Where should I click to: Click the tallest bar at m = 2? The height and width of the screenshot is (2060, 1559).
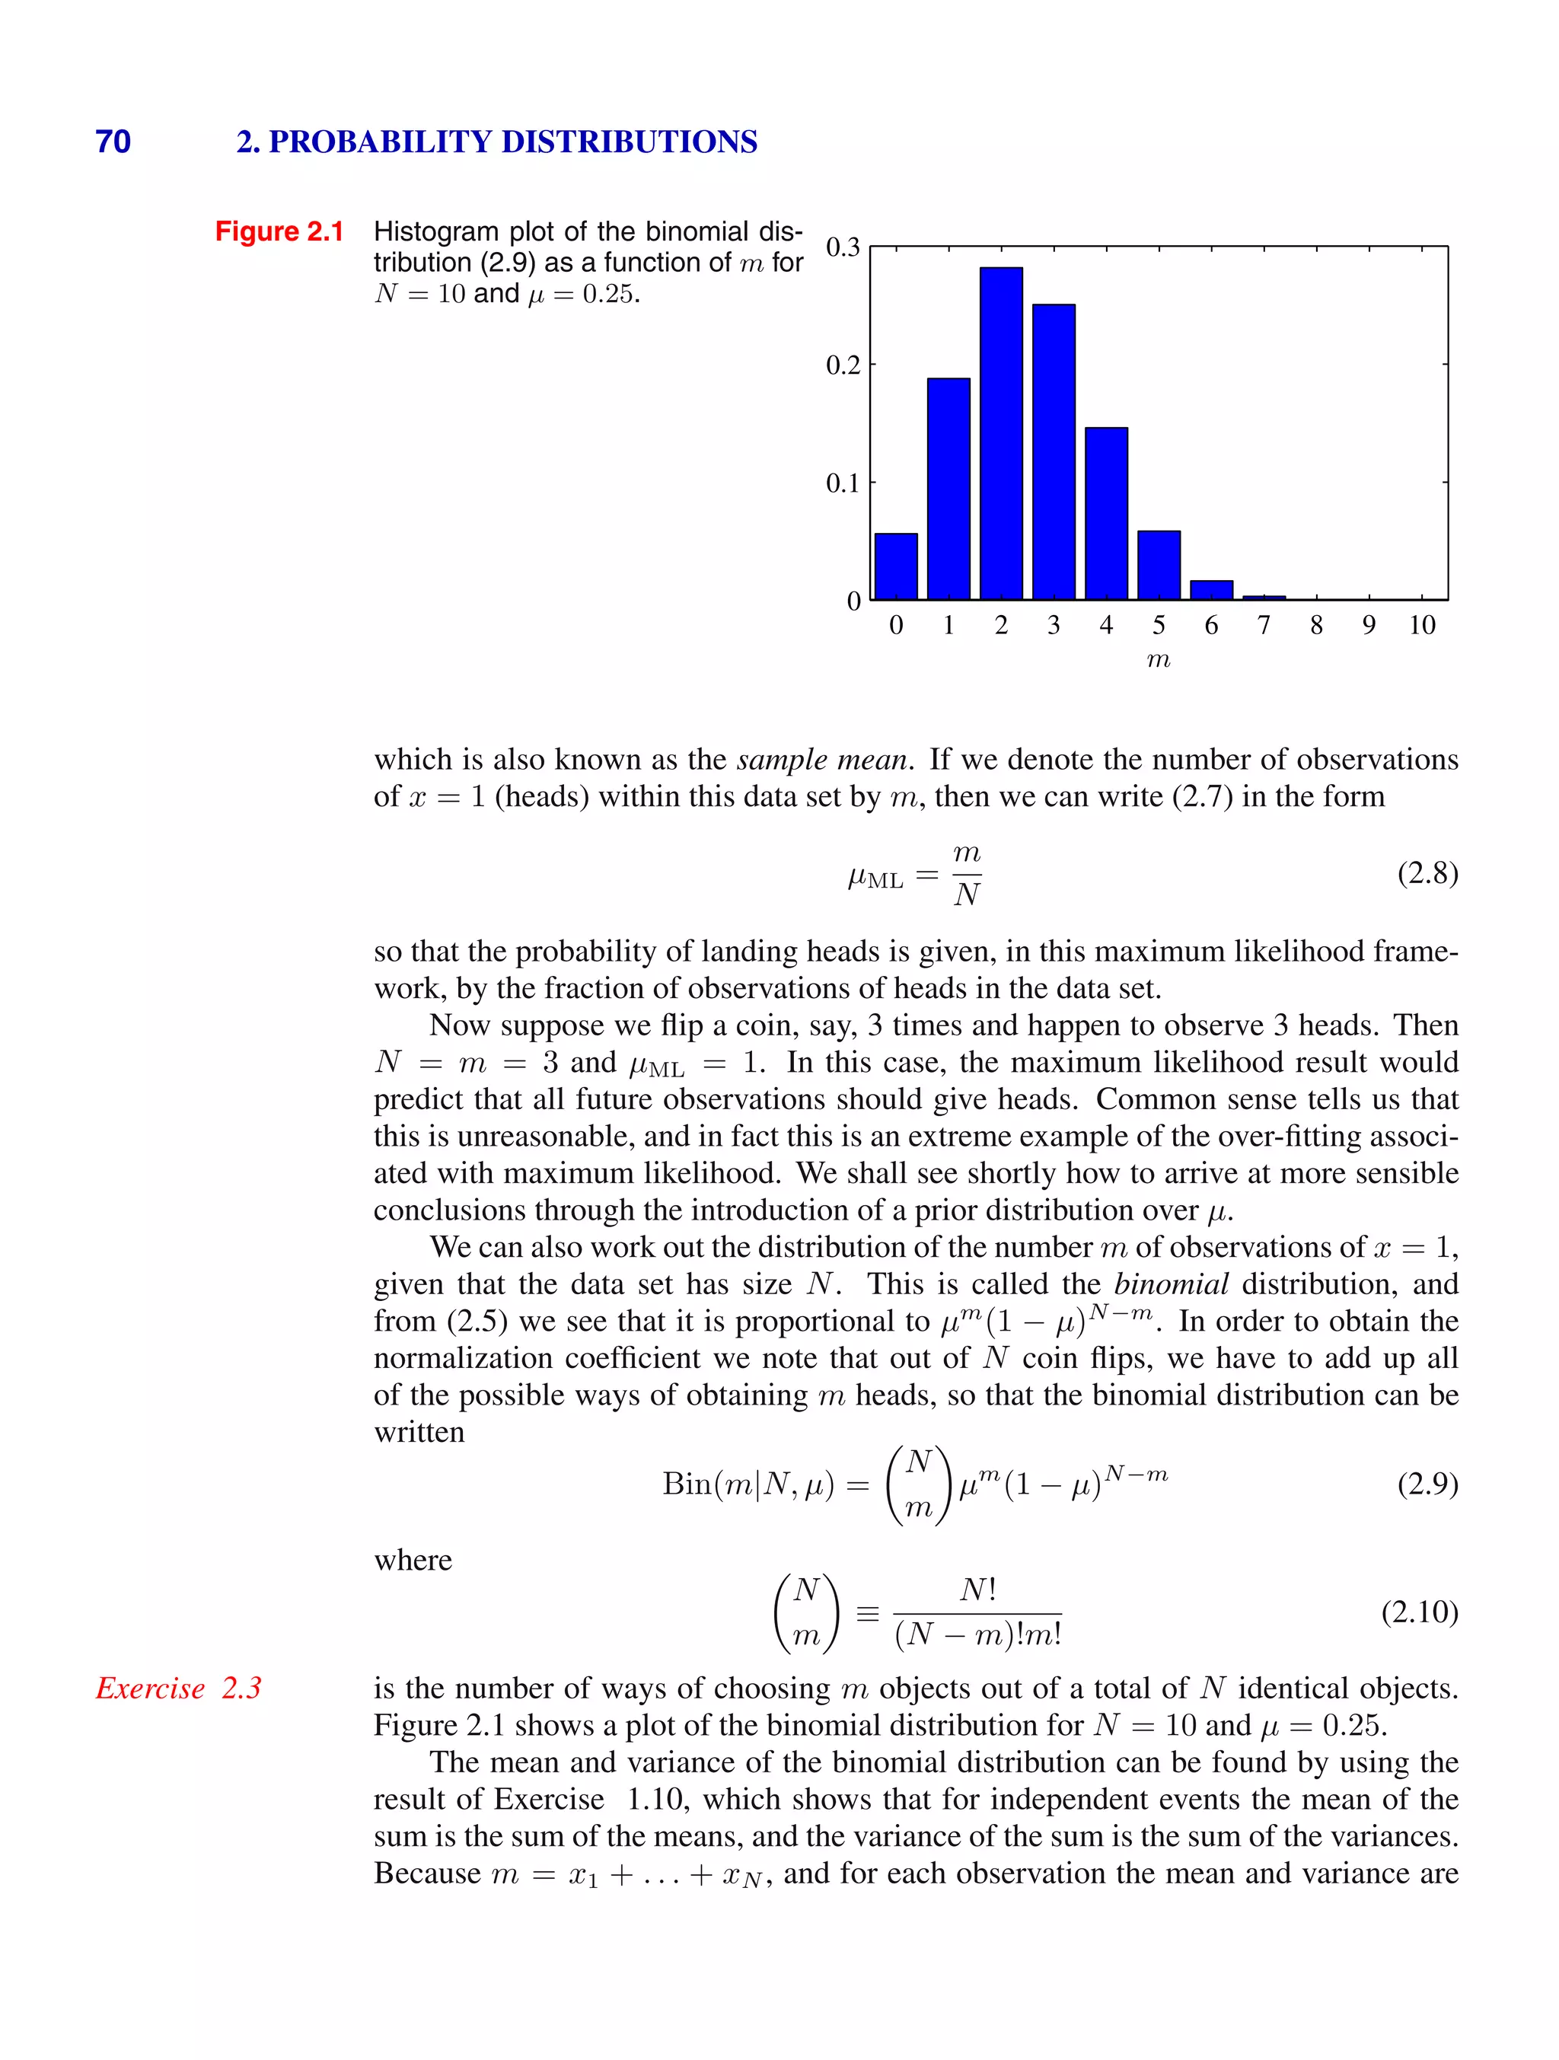point(1001,433)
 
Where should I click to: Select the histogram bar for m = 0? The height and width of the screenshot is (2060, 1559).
point(896,566)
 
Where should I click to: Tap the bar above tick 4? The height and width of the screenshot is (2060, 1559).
point(1106,513)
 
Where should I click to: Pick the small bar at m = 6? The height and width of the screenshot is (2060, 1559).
point(1212,589)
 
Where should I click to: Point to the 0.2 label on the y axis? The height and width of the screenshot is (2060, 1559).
point(843,365)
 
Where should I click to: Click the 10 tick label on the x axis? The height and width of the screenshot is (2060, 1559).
point(1421,625)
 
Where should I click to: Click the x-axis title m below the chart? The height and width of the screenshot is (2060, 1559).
point(1159,660)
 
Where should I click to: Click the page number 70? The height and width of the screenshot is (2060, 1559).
point(113,142)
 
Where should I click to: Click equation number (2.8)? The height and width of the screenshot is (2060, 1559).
point(1427,872)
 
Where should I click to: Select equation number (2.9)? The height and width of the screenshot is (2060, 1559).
point(1427,1483)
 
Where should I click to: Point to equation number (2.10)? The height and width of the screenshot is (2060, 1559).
point(1419,1611)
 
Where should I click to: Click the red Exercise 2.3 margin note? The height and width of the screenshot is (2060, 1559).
point(179,1688)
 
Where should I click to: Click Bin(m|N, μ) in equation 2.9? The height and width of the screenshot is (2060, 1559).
point(748,1484)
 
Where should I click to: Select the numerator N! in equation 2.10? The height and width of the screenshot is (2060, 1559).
point(978,1590)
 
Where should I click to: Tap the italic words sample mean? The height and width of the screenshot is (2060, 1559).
point(821,760)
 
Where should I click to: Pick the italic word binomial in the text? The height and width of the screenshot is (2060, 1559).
point(1171,1284)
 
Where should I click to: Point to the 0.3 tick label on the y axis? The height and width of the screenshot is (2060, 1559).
point(843,247)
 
